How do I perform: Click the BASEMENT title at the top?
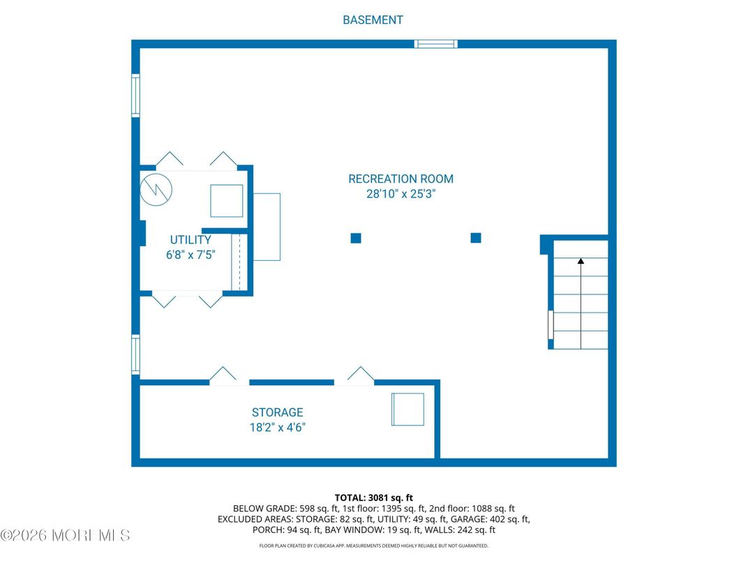point(373,20)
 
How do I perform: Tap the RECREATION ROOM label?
point(401,179)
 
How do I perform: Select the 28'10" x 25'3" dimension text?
point(401,194)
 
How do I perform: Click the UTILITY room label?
point(190,240)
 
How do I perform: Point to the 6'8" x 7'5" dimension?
point(190,255)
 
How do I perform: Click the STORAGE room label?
point(277,412)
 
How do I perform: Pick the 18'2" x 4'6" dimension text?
point(277,428)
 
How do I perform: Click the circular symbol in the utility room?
point(156,189)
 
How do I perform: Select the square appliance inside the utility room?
point(227,201)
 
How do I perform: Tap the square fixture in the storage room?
point(408,410)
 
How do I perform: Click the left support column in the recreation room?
point(356,238)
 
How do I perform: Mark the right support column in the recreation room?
point(476,237)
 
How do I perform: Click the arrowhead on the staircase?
point(581,261)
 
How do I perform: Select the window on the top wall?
point(436,44)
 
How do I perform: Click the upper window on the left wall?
point(135,96)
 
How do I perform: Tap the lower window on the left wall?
point(135,354)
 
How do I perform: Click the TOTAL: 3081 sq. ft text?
point(373,498)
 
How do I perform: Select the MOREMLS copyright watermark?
point(66,535)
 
